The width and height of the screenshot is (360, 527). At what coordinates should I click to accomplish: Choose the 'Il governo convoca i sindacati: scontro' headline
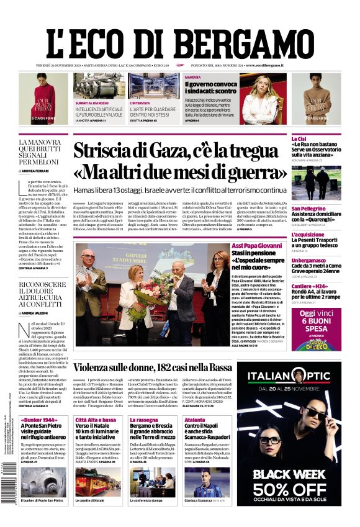pos(210,87)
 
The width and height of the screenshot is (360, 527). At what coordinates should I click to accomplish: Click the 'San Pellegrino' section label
pos(308,209)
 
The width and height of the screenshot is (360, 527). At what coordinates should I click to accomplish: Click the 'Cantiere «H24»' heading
pos(311,286)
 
